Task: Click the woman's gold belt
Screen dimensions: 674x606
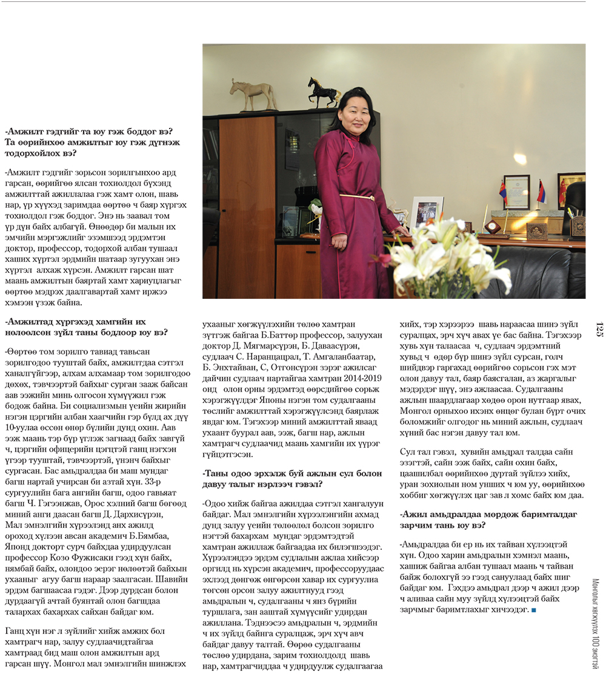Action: coord(357,197)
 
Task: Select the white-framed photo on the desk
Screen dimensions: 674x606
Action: coord(426,213)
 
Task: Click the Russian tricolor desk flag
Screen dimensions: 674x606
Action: coord(541,193)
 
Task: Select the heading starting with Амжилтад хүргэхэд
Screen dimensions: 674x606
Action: coord(75,327)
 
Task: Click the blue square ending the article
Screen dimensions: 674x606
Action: coord(533,609)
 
